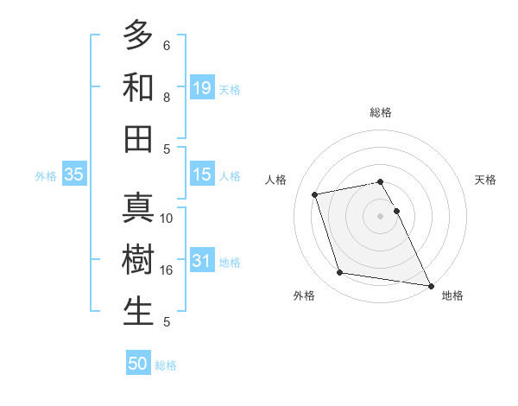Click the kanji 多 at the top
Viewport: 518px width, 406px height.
coord(138,35)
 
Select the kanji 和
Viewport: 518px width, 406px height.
coord(138,87)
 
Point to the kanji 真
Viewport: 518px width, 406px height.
coord(138,208)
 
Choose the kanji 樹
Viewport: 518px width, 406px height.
coord(138,260)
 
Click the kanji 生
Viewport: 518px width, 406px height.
coord(138,312)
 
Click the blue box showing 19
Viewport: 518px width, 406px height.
coord(202,87)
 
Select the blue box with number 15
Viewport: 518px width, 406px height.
coord(202,174)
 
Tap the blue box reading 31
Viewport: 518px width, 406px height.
coord(202,261)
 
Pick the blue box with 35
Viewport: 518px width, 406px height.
coord(74,175)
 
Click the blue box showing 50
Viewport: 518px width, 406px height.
coord(138,364)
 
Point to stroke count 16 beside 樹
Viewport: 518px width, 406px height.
coord(167,270)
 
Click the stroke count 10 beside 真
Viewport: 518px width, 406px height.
coord(167,219)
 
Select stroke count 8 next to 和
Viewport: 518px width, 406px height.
coord(167,98)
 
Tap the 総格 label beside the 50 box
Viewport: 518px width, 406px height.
coord(166,365)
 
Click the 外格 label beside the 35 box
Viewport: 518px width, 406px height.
coord(46,176)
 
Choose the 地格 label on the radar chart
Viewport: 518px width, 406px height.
coord(452,296)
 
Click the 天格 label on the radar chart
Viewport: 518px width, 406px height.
coord(485,180)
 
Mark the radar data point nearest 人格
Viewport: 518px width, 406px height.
coord(315,193)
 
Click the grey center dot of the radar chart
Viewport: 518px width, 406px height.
coord(380,215)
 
